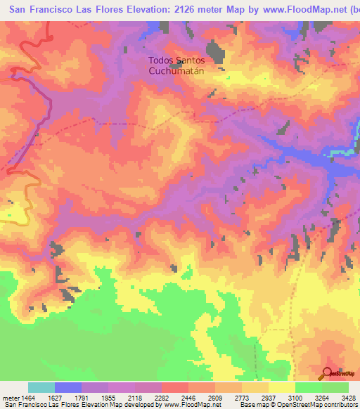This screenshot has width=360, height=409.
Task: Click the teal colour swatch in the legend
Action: (41, 388)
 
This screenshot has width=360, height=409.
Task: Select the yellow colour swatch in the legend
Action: (282, 388)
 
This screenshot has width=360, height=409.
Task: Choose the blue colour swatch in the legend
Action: (68, 388)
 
